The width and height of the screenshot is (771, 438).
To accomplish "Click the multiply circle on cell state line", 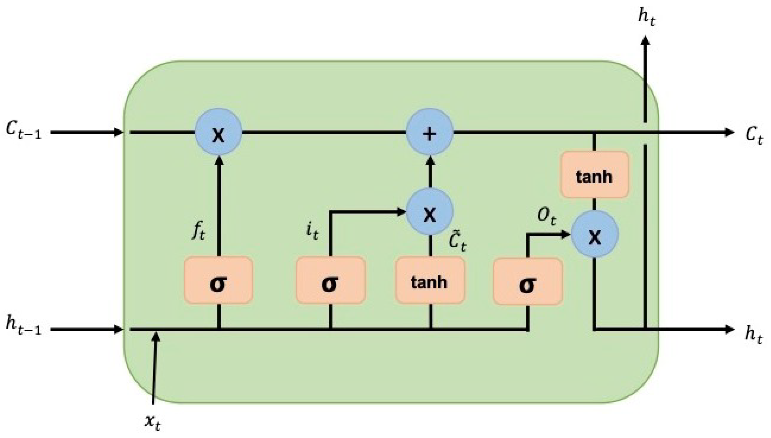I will click(218, 132).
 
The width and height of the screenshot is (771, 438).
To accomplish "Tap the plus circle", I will click(429, 132).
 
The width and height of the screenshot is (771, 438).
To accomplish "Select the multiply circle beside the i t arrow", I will click(429, 212).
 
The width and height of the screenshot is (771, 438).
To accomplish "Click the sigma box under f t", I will click(218, 280).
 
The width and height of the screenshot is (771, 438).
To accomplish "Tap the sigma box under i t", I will click(330, 280).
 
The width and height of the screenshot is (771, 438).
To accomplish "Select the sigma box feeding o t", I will click(528, 281).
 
